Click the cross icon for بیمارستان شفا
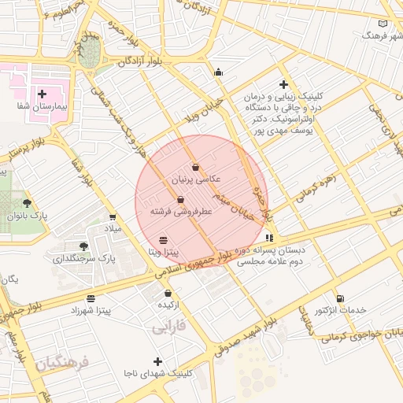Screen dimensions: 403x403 [x=42, y=94]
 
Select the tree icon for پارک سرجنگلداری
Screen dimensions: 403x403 [x=84, y=246]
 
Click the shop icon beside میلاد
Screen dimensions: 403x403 [x=112, y=217]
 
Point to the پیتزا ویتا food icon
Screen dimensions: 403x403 [x=163, y=240]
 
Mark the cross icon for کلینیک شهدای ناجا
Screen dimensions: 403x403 [x=158, y=361]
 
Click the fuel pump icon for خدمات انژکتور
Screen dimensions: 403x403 [x=340, y=298]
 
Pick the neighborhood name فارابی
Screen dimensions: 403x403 [x=168, y=324]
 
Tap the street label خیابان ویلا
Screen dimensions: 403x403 [x=213, y=113]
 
